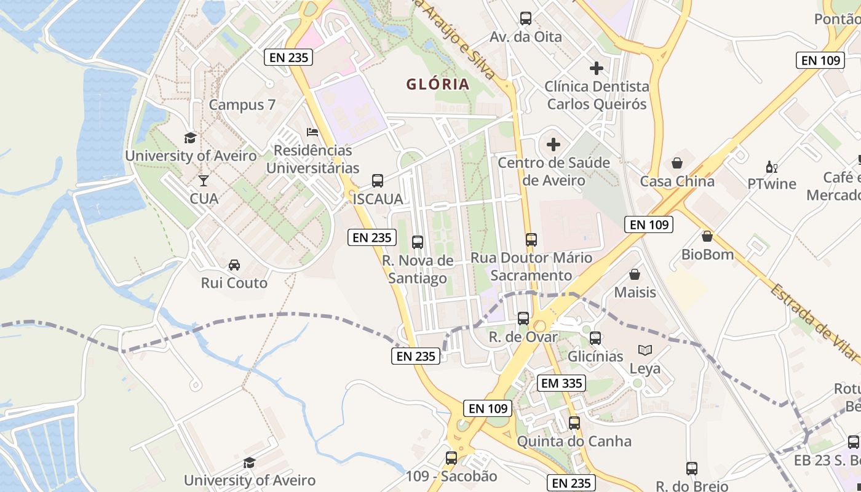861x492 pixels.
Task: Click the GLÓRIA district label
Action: (437, 84)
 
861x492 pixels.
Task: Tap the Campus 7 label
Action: (242, 105)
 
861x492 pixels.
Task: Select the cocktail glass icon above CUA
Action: (204, 181)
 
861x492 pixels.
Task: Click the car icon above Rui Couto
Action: (234, 265)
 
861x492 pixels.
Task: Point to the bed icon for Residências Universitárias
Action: (312, 132)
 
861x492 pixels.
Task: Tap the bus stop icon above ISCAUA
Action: (378, 181)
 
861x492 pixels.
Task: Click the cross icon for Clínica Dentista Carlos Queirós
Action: (596, 68)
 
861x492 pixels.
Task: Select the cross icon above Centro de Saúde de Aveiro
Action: (553, 145)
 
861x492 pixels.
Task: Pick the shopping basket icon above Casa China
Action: (677, 163)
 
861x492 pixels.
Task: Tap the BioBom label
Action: (707, 255)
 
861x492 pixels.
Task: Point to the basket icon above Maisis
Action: (635, 274)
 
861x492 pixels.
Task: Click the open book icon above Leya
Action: (645, 351)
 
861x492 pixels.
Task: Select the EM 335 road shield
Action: (561, 383)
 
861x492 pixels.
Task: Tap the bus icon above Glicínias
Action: (595, 338)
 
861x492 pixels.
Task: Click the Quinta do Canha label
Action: (574, 441)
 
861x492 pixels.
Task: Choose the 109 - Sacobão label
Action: (451, 476)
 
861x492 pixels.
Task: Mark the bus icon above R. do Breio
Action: (692, 469)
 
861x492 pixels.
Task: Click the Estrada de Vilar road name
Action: (813, 322)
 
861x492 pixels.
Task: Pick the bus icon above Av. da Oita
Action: (525, 18)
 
